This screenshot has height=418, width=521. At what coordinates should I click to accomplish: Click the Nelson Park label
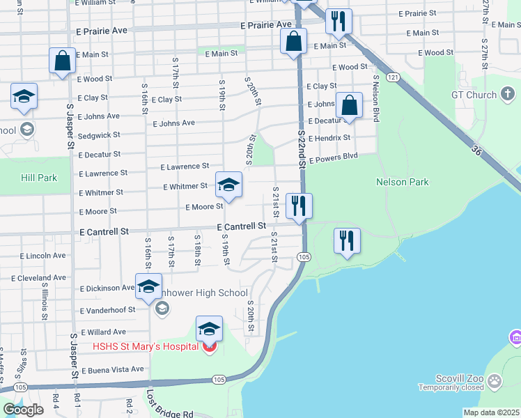click(x=402, y=182)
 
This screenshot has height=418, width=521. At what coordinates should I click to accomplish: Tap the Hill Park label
click(x=38, y=178)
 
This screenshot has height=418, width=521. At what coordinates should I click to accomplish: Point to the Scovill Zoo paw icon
click(x=495, y=381)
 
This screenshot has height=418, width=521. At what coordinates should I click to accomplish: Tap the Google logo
click(x=23, y=410)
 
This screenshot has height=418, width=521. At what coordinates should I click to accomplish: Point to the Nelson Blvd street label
click(x=376, y=99)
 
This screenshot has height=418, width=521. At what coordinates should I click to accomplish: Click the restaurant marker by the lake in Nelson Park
click(x=346, y=241)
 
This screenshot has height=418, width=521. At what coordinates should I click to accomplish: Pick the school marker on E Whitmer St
click(x=228, y=185)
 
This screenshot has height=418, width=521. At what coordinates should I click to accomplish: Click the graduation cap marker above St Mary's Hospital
click(x=209, y=329)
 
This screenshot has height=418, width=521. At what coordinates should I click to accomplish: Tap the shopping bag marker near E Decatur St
click(x=350, y=106)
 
